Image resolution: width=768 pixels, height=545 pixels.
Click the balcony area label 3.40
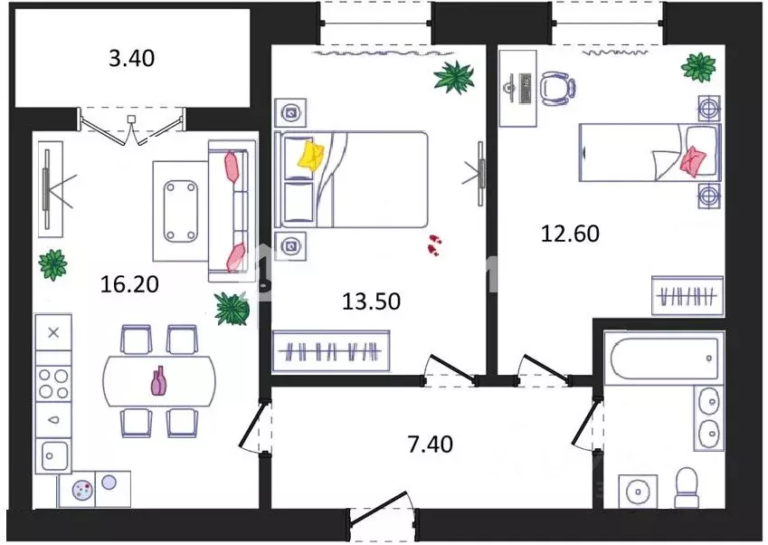pyautogui.click(x=131, y=58)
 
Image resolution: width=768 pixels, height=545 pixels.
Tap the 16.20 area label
pyautogui.click(x=129, y=284)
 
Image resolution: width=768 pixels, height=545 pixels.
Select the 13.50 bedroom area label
pyautogui.click(x=371, y=301)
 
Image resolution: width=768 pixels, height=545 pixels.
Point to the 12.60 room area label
pyautogui.click(x=570, y=234)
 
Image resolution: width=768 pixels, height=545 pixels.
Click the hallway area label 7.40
pyautogui.click(x=430, y=444)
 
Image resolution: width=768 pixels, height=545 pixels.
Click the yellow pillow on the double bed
pyautogui.click(x=311, y=156)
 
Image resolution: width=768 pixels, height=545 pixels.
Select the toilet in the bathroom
pyautogui.click(x=687, y=487)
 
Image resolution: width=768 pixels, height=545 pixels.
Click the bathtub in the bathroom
pyautogui.click(x=664, y=358)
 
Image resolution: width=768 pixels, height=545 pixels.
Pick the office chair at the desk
pyautogui.click(x=557, y=89)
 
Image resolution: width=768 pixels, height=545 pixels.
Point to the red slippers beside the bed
pyautogui.click(x=434, y=244)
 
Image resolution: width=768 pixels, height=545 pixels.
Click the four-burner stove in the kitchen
pyautogui.click(x=53, y=384)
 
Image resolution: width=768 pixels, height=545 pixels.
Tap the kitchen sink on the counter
pyautogui.click(x=53, y=456)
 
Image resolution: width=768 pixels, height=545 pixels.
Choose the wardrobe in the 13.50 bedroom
pyautogui.click(x=331, y=351)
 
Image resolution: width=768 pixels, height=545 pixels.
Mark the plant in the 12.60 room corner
pyautogui.click(x=698, y=67)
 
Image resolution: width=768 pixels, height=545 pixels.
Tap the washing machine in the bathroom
pyautogui.click(x=638, y=491)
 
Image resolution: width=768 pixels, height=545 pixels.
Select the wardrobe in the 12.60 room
pyautogui.click(x=687, y=295)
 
